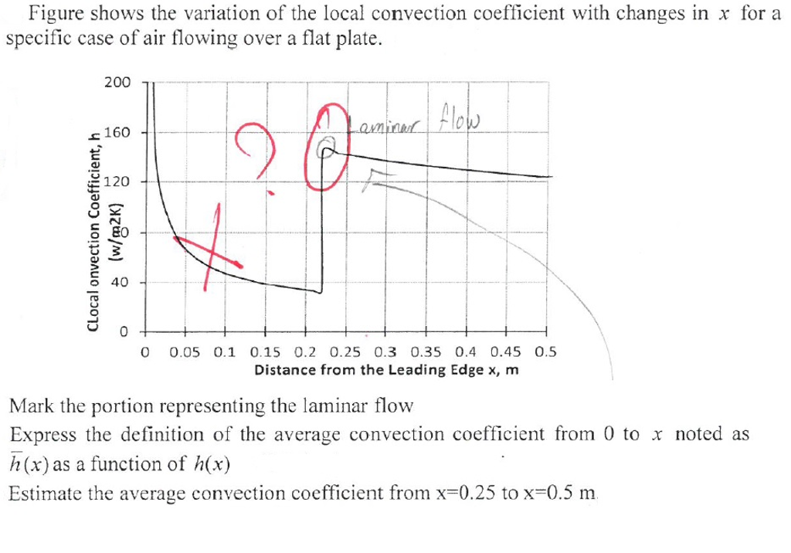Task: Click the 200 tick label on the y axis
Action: point(118,83)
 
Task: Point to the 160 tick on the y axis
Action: point(118,132)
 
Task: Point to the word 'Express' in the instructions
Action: point(42,434)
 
